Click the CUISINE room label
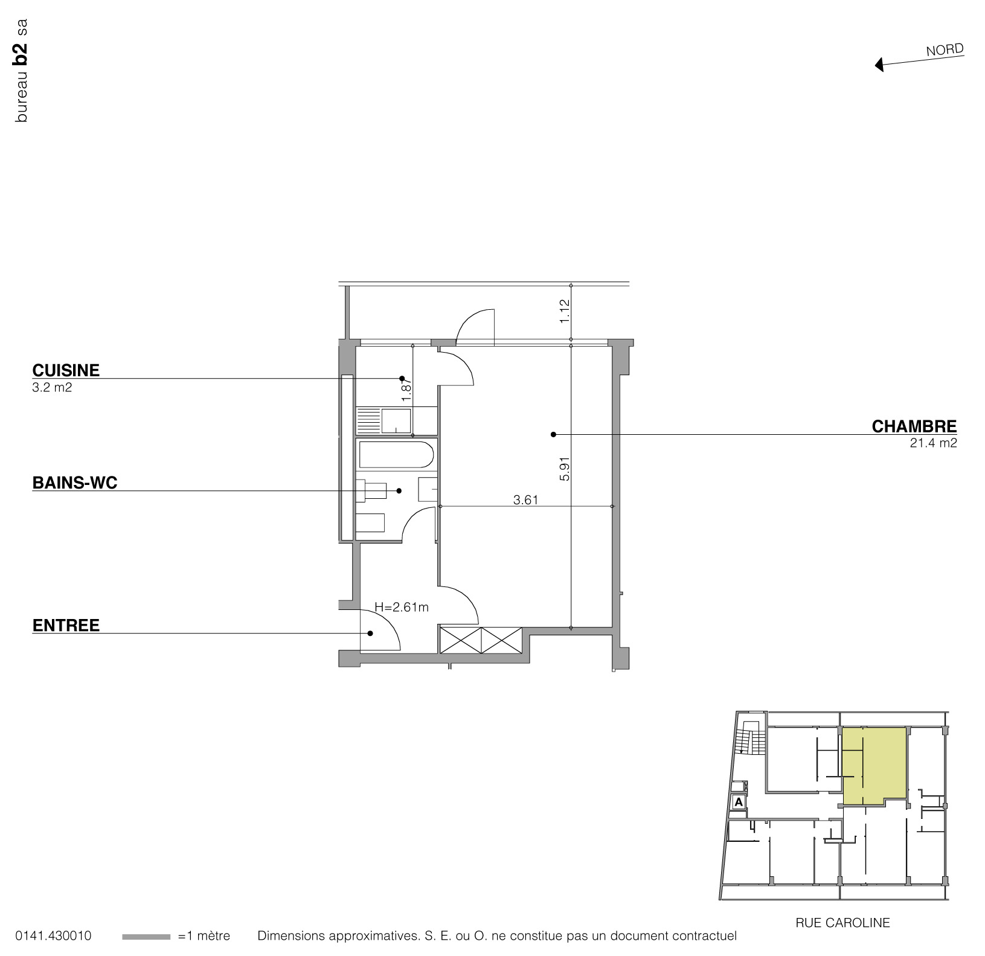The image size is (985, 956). click(x=66, y=370)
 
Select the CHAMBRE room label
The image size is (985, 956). click(x=914, y=426)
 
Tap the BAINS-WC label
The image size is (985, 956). click(x=74, y=483)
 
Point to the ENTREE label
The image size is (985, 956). click(x=66, y=626)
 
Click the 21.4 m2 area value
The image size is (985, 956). click(x=933, y=443)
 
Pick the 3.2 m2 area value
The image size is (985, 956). click(x=52, y=387)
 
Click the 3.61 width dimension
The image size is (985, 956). click(x=525, y=499)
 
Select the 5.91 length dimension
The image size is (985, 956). click(x=565, y=469)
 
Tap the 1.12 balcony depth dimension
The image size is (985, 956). click(x=565, y=311)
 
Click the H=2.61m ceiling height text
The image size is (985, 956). click(x=401, y=607)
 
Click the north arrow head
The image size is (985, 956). click(x=879, y=64)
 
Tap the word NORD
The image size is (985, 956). click(x=945, y=50)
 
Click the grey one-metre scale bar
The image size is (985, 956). click(x=146, y=937)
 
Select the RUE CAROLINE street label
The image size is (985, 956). click(x=842, y=922)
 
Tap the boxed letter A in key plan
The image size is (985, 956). click(x=738, y=803)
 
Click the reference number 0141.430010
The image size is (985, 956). click(x=53, y=936)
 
